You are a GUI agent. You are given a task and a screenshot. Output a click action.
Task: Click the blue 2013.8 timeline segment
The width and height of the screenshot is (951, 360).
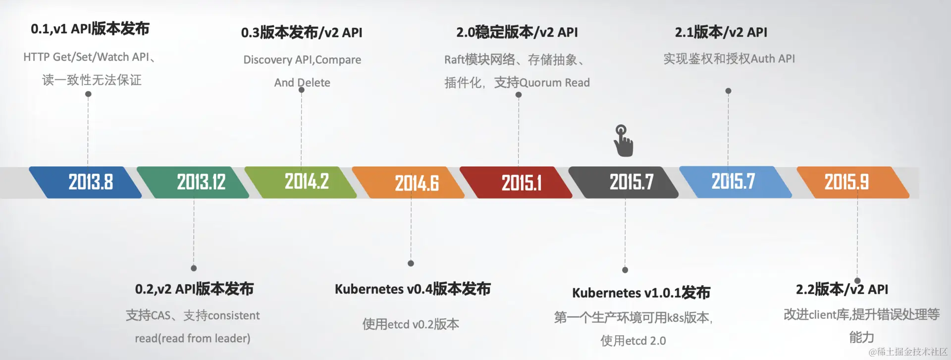click(x=85, y=182)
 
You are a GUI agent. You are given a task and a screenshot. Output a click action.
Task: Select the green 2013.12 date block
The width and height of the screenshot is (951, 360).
click(x=193, y=182)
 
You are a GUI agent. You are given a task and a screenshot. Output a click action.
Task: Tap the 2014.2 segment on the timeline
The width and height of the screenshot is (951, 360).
click(x=301, y=182)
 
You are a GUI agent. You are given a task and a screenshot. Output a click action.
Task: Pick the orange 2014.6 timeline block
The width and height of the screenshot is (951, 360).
click(x=409, y=182)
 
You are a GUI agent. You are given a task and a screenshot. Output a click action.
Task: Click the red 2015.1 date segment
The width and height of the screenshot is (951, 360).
click(x=516, y=182)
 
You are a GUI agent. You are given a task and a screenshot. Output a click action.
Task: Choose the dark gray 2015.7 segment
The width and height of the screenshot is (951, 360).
click(x=624, y=182)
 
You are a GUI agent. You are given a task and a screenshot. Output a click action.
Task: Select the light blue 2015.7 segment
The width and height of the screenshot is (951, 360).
click(x=736, y=182)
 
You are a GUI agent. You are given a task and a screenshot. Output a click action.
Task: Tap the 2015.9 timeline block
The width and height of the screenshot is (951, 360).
click(x=853, y=182)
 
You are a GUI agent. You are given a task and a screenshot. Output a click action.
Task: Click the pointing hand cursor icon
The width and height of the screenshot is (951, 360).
click(x=623, y=141)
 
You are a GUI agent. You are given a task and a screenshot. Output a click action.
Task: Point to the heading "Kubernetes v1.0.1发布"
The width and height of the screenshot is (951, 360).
click(x=641, y=293)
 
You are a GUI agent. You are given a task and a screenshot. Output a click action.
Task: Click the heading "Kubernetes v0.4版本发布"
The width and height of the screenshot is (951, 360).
click(x=413, y=289)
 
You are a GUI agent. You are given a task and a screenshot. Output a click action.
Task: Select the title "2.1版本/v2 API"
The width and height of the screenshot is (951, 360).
click(x=721, y=32)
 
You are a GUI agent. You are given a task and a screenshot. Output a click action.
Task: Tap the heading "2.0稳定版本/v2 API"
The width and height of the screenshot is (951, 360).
click(x=517, y=32)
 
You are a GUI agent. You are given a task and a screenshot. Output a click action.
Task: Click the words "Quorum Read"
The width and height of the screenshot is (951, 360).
click(x=555, y=83)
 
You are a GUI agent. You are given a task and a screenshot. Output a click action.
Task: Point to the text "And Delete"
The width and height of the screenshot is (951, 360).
click(x=302, y=83)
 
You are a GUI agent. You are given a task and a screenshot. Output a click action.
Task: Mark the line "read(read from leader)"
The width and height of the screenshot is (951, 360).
click(x=193, y=338)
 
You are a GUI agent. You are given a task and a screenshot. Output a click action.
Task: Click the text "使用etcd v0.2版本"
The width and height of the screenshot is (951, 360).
click(x=411, y=324)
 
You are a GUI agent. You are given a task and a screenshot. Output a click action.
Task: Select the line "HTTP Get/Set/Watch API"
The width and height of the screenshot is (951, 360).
click(x=86, y=57)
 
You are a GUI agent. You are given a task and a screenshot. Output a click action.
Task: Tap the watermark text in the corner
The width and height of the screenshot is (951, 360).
click(x=908, y=352)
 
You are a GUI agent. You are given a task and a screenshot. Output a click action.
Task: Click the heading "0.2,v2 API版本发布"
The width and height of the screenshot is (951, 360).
click(x=194, y=289)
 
